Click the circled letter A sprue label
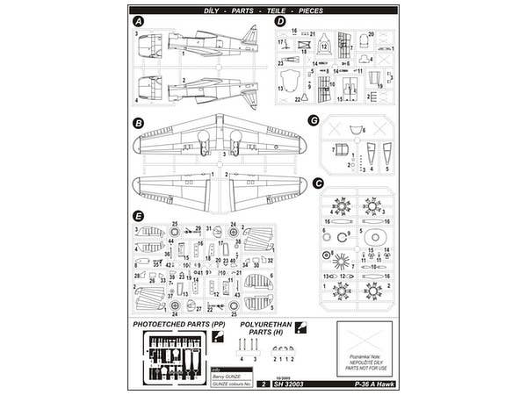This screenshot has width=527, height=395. tap(139, 20)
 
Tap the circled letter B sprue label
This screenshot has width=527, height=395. tap(139, 124)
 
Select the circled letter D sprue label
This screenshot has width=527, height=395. tap(279, 20)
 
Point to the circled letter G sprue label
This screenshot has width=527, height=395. tap(313, 119)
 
